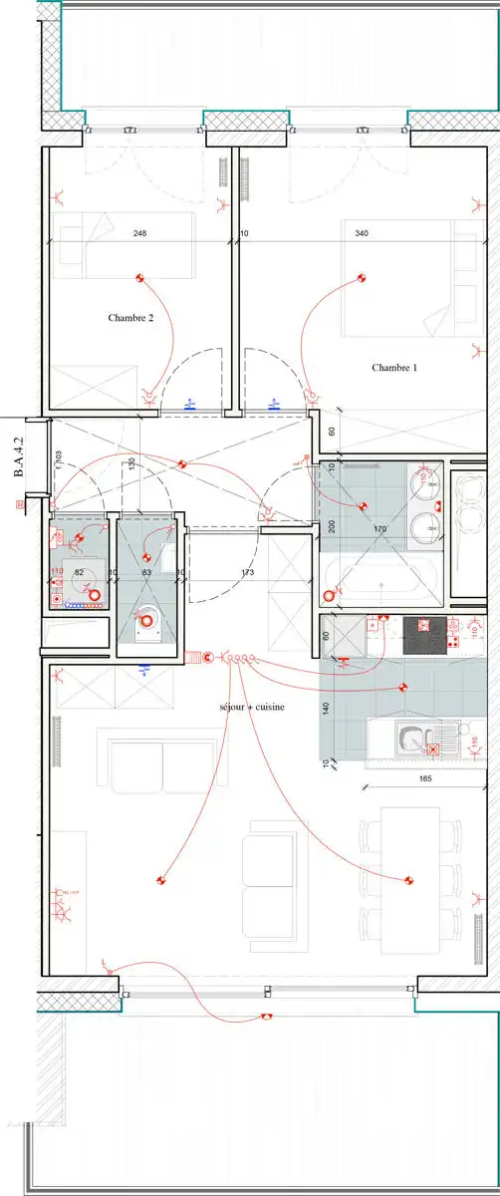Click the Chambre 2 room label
point(130,318)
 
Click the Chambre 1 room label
point(394,368)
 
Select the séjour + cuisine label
point(252,707)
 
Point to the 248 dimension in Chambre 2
point(139,234)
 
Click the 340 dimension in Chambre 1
point(362,234)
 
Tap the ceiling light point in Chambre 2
point(140,278)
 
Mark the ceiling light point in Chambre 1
point(362,279)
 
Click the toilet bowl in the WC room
point(145,619)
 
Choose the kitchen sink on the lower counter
point(409,739)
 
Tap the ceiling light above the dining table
point(408,880)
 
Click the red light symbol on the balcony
point(266,1018)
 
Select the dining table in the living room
point(410,867)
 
